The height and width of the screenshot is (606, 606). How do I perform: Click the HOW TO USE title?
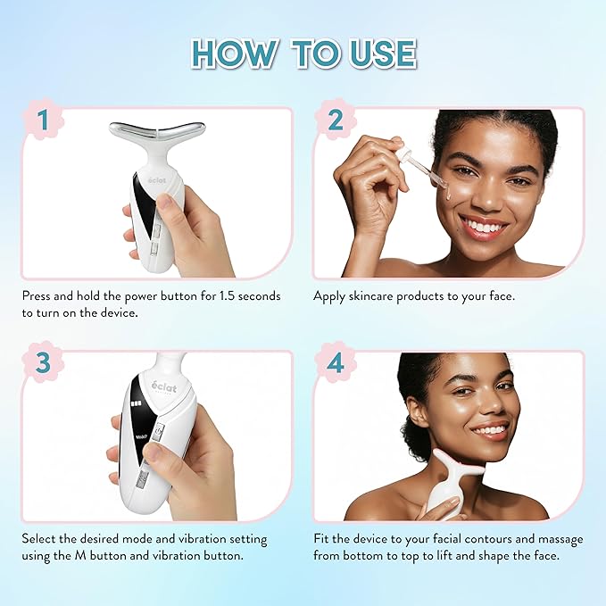point(303,54)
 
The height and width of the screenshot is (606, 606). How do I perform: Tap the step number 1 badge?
point(42,119)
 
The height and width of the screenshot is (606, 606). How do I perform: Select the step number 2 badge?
point(335,119)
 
